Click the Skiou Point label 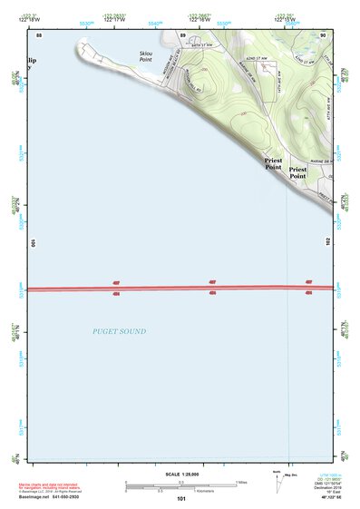click(146, 56)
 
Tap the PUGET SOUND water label click(119, 332)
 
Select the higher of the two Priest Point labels click(273, 160)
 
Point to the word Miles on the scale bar click(241, 482)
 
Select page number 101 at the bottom click(181, 500)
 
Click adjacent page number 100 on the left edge click(33, 243)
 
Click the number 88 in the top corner click(39, 34)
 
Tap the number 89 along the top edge click(182, 34)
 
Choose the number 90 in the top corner click(324, 34)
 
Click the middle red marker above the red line click(211, 283)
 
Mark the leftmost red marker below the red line click(116, 293)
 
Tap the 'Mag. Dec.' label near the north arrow click(292, 474)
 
